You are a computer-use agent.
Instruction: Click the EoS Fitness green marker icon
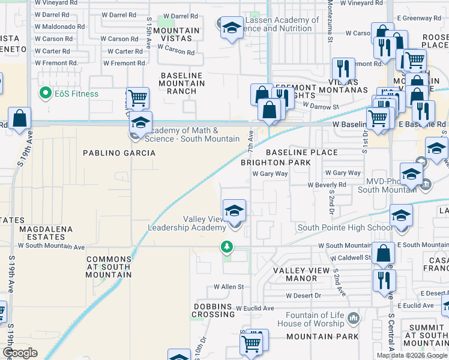[44, 93]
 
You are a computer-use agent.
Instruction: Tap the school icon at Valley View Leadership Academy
[235, 211]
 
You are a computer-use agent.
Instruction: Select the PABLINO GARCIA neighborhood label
[119, 153]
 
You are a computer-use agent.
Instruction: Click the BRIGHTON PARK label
[276, 163]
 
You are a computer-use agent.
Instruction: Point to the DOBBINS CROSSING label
[213, 310]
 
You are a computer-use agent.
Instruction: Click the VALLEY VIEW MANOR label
[303, 274]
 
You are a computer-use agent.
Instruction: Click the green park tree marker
[227, 246]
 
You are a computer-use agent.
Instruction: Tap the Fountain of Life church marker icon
[353, 316]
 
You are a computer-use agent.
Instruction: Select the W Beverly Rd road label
[327, 185]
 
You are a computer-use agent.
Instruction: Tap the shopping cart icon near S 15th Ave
[137, 98]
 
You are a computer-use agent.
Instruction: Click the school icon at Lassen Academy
[232, 27]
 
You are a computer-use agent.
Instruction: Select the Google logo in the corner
[20, 353]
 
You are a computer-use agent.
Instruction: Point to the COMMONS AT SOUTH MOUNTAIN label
[109, 267]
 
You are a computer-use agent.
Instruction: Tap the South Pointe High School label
[345, 227]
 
